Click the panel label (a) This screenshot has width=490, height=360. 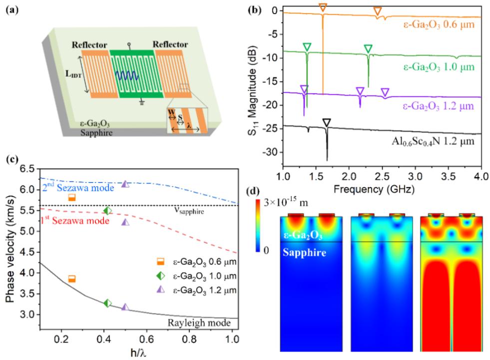pos(10,9)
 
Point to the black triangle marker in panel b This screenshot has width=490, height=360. pos(327,123)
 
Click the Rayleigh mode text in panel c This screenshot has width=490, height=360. pos(205,323)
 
